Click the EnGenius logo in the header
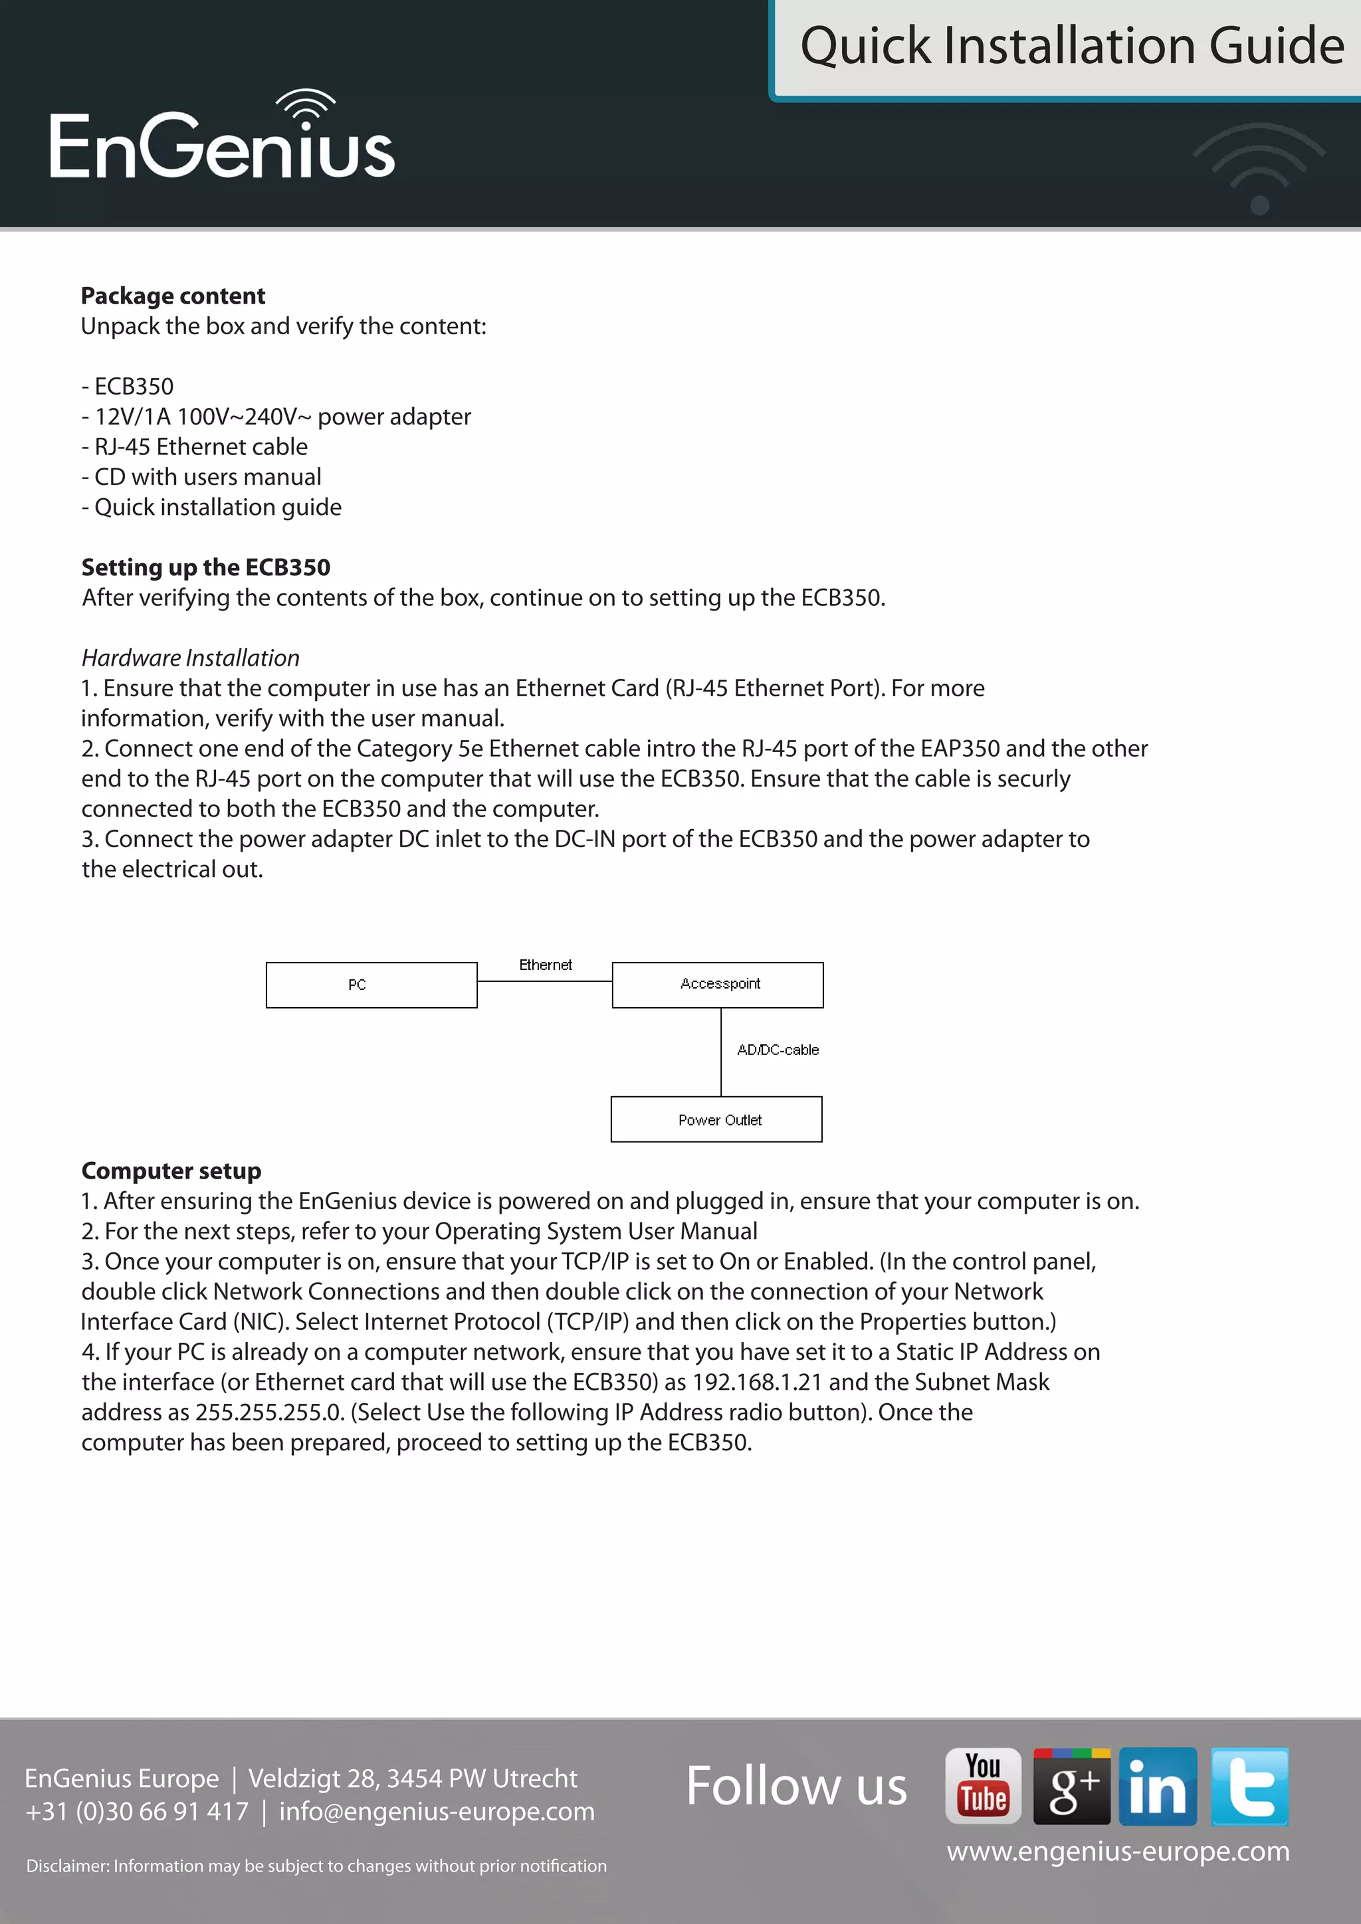222,138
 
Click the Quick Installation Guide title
1071,46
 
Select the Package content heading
173,296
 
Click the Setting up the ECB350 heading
205,567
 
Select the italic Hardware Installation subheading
190,658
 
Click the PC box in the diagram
371,985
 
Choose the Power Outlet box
716,1119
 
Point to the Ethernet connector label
546,965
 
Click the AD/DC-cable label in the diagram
778,1050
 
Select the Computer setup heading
171,1171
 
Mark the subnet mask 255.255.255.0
269,1412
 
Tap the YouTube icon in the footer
983,1786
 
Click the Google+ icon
1071,1786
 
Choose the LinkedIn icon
1158,1786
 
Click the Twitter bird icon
1249,1786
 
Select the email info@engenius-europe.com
437,1811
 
